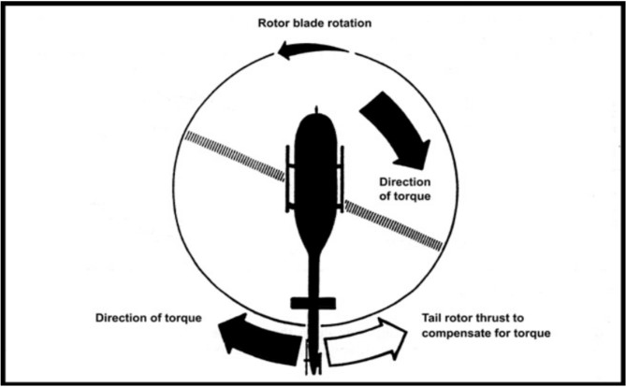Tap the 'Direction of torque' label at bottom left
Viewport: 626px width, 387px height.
tap(148, 318)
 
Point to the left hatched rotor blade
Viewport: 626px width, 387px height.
tap(234, 154)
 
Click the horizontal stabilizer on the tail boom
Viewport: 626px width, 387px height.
tap(313, 303)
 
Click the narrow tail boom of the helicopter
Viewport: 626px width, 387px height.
tap(314, 276)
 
